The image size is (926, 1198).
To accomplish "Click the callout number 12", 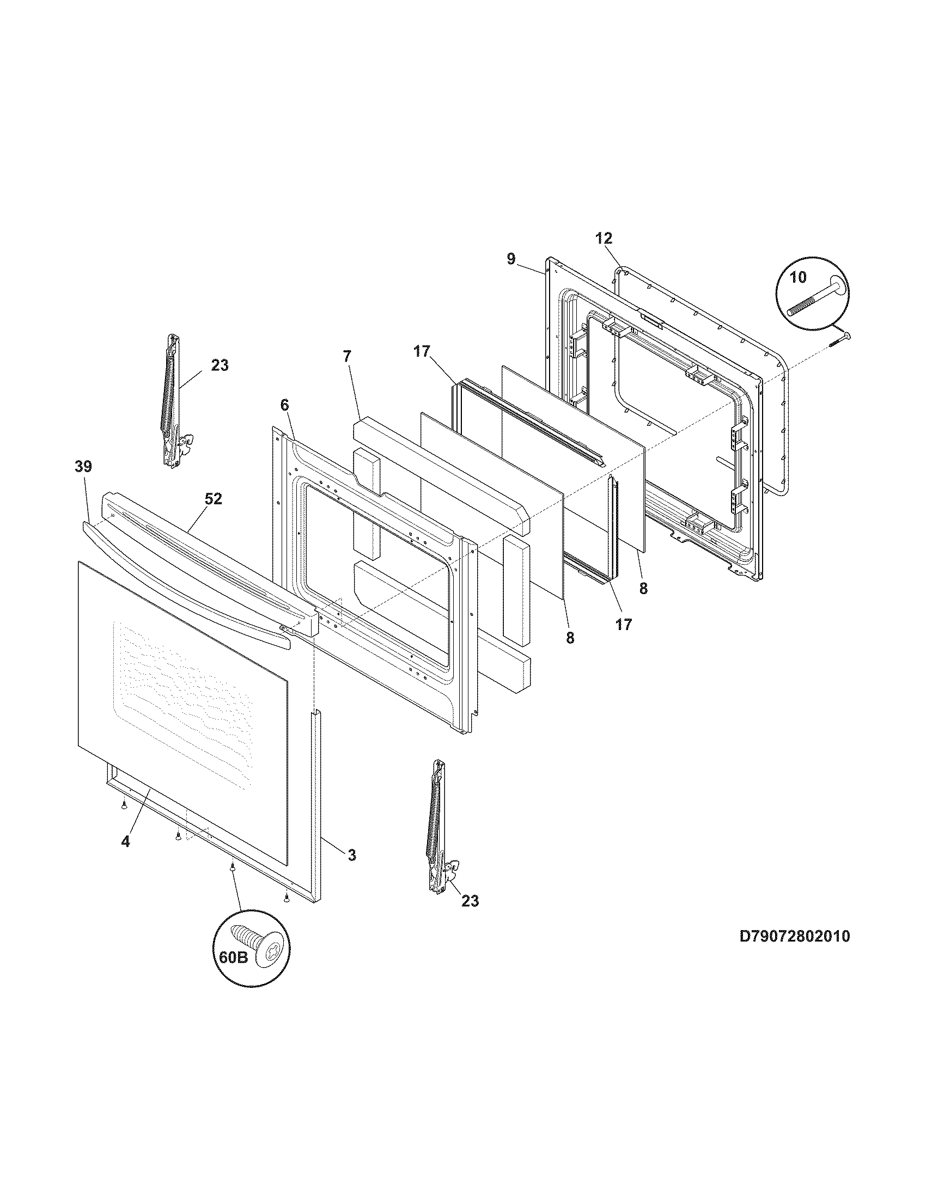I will click(604, 239).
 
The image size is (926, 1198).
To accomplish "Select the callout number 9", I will click(511, 259).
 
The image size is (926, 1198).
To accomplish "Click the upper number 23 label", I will click(220, 365).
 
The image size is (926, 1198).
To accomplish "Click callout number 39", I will click(83, 467).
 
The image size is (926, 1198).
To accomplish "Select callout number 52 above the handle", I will click(214, 499).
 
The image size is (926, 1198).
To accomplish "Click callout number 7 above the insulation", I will click(346, 357).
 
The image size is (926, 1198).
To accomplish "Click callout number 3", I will click(352, 854).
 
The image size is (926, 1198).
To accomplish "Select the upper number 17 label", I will click(422, 352).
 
